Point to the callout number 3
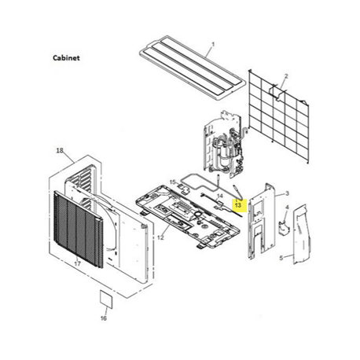coord(288,193)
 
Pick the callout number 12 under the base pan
coord(160,237)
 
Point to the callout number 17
coord(77,264)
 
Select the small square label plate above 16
coord(104,299)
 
